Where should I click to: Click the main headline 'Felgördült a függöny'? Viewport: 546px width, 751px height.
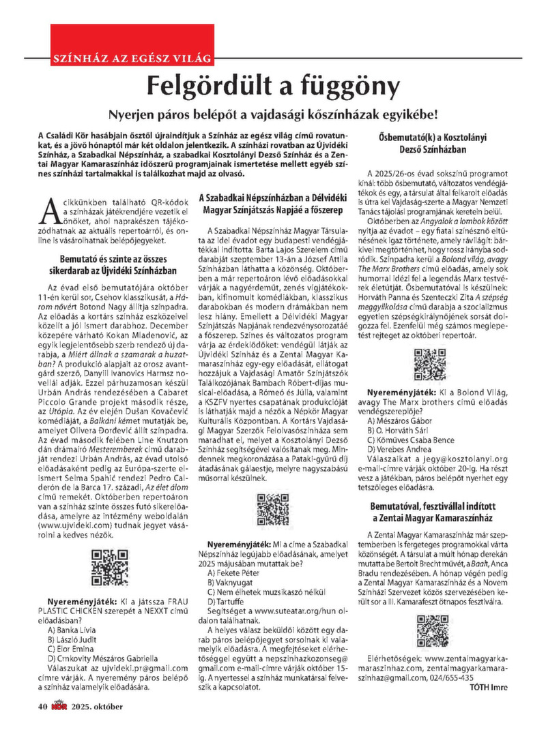pyautogui.click(x=273, y=87)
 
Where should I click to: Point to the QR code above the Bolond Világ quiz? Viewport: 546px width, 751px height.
pyautogui.click(x=430, y=364)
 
